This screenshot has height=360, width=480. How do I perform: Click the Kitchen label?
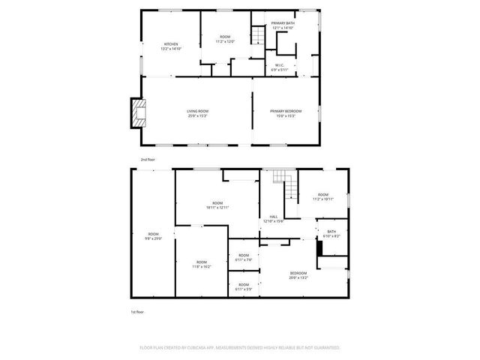[171, 46]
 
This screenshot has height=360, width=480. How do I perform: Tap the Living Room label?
[197, 114]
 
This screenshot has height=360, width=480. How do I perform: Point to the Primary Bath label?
[283, 25]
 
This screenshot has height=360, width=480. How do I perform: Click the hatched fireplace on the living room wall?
[136, 113]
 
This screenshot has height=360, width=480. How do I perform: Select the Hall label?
[273, 218]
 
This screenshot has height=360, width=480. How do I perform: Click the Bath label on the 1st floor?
[331, 234]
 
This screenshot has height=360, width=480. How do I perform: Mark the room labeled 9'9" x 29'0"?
[153, 236]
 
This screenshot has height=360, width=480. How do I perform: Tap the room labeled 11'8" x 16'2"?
[201, 264]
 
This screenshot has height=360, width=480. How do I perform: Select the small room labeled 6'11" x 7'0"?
[244, 257]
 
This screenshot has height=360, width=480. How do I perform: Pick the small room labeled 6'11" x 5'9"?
[244, 286]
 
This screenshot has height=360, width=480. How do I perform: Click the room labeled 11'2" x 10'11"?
[323, 196]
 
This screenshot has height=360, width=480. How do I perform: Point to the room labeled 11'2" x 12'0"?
[225, 39]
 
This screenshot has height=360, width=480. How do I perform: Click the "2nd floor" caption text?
[148, 160]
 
